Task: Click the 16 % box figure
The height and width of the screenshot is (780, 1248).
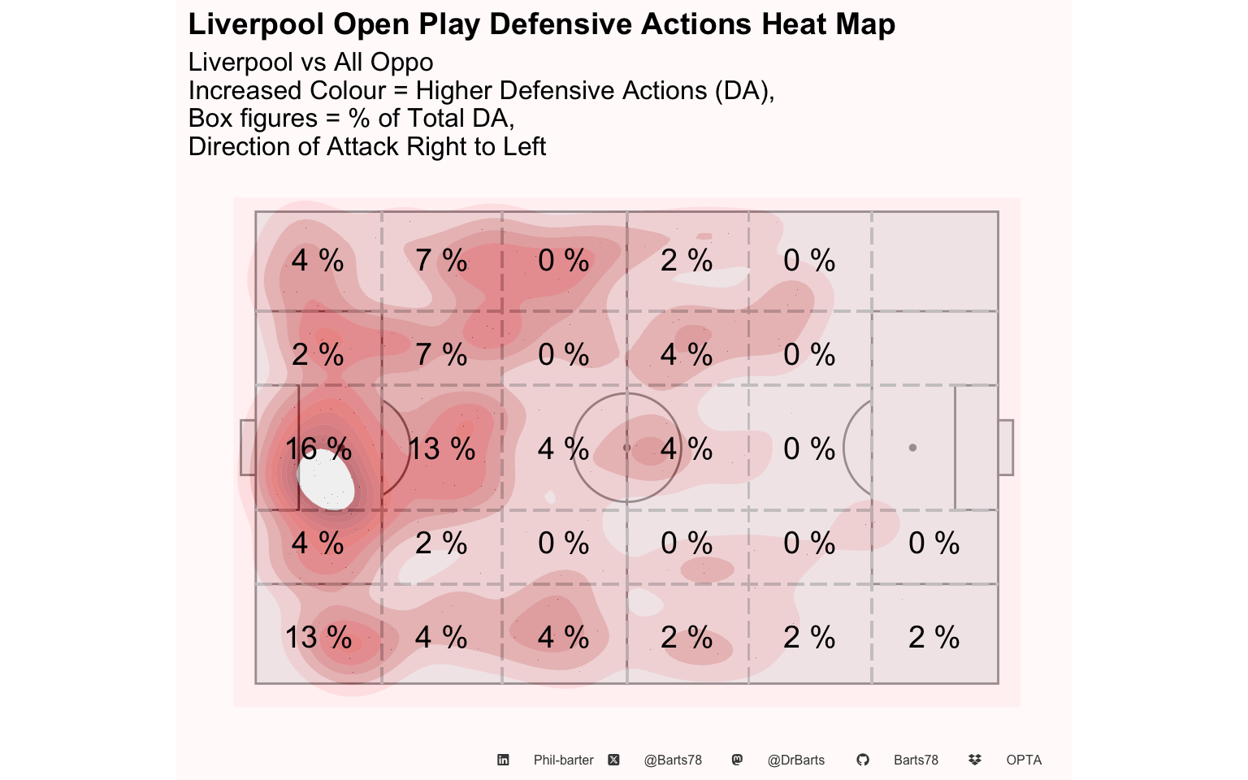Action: coord(318,448)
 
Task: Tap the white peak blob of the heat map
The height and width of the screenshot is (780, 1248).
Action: coord(327,481)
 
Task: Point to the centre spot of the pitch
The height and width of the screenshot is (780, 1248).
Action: coord(626,448)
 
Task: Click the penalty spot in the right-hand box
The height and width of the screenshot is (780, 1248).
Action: coord(912,448)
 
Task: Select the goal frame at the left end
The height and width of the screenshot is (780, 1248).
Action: coord(247,448)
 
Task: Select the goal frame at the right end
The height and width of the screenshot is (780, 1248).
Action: coord(1006,448)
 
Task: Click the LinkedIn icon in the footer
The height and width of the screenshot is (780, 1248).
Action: coord(503,760)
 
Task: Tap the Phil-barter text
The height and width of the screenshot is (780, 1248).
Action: coord(563,760)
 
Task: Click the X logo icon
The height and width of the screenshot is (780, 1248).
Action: coord(613,760)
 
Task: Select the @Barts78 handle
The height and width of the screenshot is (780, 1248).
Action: coord(673,760)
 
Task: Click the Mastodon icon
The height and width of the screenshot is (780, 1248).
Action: coord(737,760)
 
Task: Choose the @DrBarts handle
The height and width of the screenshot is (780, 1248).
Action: coord(796,760)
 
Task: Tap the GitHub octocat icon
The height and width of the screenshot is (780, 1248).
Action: coord(863,760)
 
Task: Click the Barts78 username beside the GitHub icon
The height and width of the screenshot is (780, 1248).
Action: coord(916,760)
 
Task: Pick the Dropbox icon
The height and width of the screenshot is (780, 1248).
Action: coord(975,760)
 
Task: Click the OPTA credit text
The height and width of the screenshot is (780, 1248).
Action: coord(1024,760)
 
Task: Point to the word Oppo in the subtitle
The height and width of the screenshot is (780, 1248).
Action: coord(401,63)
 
